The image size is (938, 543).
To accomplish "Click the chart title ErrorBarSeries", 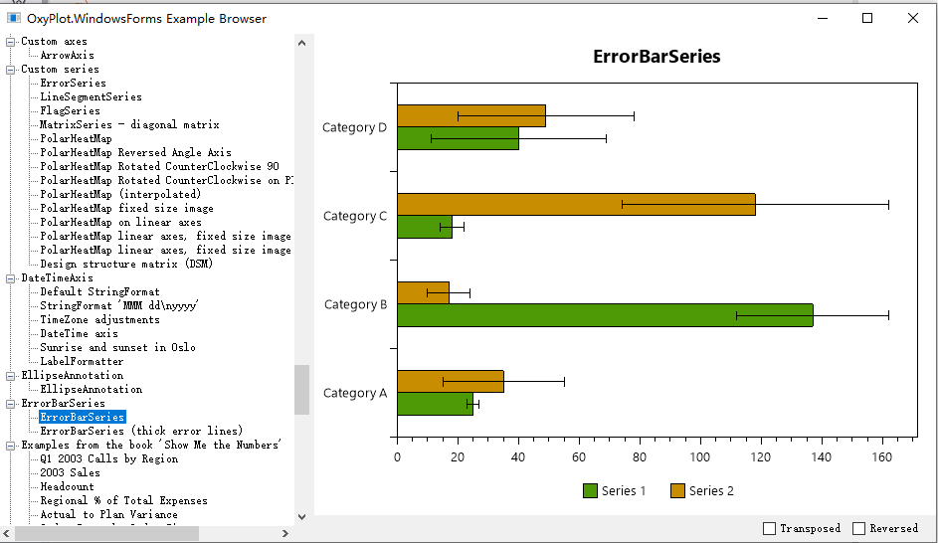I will [657, 57].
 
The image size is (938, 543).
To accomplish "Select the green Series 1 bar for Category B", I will [605, 315].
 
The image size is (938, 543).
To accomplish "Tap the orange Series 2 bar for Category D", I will [470, 115].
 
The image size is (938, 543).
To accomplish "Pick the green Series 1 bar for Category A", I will [435, 404].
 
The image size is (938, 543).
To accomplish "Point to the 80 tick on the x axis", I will [640, 457].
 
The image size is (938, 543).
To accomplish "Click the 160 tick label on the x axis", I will [882, 457].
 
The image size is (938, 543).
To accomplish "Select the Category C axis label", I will [355, 216].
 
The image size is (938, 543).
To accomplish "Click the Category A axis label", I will [355, 393].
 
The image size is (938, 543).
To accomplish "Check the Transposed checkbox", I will [769, 528].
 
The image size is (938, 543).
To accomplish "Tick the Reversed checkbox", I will [859, 528].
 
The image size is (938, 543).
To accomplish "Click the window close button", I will [913, 18].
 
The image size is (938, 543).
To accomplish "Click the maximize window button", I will [867, 18].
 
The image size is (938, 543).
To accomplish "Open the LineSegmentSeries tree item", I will [91, 97].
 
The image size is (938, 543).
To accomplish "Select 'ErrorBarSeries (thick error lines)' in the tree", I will [141, 432].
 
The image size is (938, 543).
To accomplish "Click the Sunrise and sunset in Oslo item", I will [117, 348].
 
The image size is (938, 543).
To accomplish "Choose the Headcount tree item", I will [67, 487].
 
